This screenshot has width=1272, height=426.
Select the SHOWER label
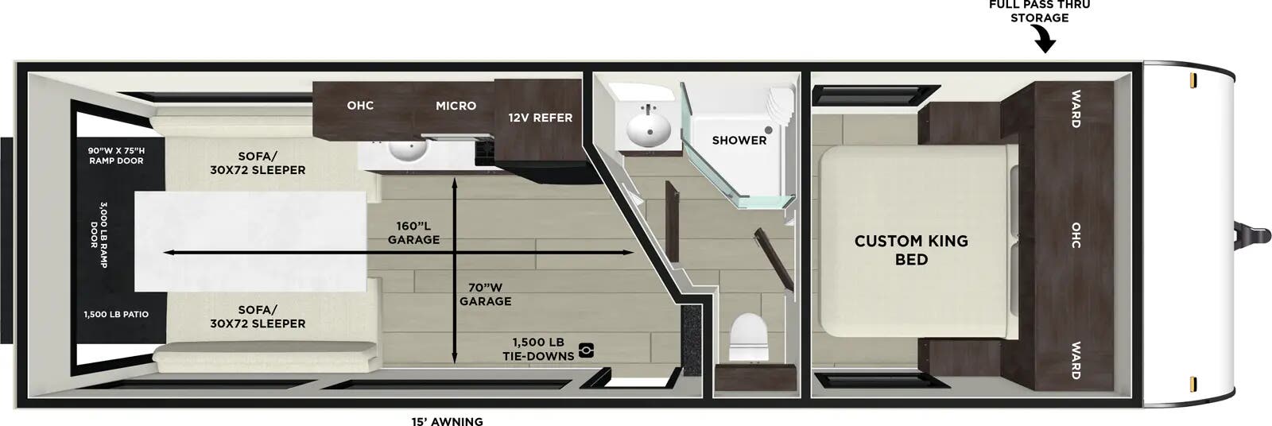739,140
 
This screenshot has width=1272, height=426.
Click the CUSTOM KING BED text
911,250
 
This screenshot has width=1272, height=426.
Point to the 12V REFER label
541,118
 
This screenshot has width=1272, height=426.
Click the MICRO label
456,106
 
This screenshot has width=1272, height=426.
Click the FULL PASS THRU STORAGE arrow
1045,40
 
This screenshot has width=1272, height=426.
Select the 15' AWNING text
447,421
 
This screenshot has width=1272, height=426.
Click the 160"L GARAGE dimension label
413,232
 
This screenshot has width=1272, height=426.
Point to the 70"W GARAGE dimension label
485,294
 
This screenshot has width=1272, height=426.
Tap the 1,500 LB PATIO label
116,314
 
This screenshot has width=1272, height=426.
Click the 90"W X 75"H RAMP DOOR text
116,155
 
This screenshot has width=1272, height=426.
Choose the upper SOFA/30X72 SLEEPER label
258,163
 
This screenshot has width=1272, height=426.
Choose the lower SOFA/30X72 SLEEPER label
258,316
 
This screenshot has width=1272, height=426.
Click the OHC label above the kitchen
360,106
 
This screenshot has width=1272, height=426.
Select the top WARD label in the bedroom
1075,109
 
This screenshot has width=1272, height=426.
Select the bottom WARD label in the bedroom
1075,360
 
